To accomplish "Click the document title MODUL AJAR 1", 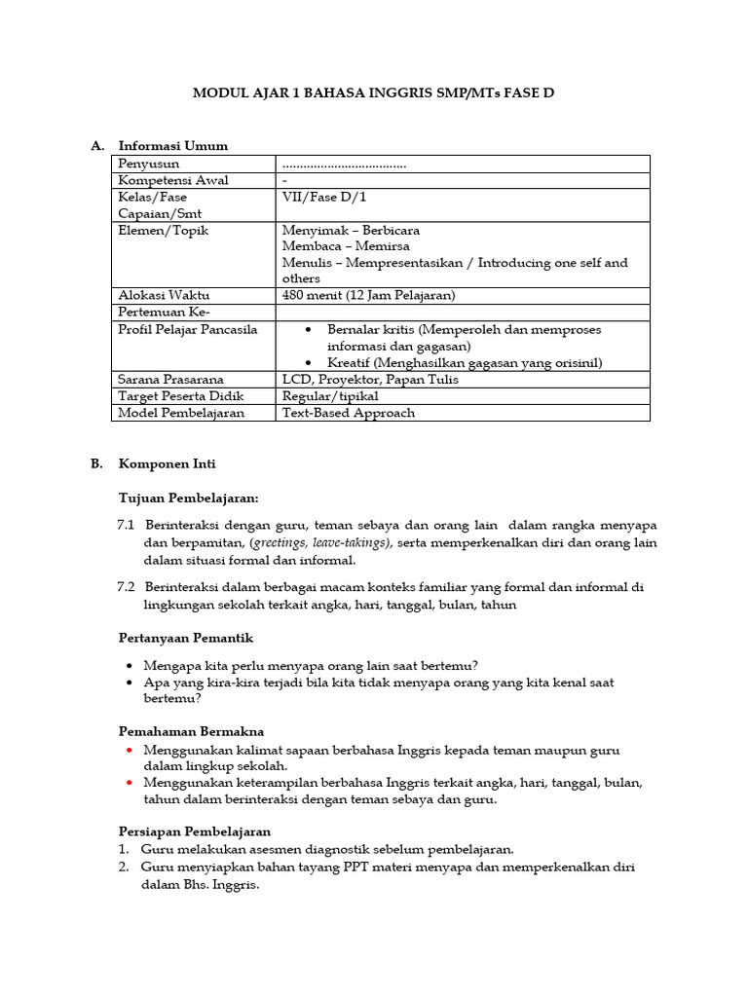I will click(x=373, y=93).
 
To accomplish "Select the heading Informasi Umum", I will click(x=172, y=146).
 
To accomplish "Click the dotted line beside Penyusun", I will click(x=344, y=165).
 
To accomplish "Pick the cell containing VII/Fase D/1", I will click(x=324, y=197).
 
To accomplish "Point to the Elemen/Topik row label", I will click(x=163, y=231).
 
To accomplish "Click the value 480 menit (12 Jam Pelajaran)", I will click(x=368, y=295).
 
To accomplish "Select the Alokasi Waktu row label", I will click(x=164, y=295).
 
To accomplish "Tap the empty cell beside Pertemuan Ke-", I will click(x=464, y=312).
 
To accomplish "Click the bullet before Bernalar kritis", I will click(x=309, y=330).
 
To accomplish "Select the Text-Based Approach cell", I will click(x=348, y=412).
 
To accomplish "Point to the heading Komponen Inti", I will click(x=167, y=464).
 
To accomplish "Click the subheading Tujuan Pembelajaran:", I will click(x=188, y=498).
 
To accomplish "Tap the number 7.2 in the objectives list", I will click(x=126, y=587).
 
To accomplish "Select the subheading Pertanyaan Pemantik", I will click(x=185, y=638).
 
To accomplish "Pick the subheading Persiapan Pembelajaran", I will click(x=194, y=831).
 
